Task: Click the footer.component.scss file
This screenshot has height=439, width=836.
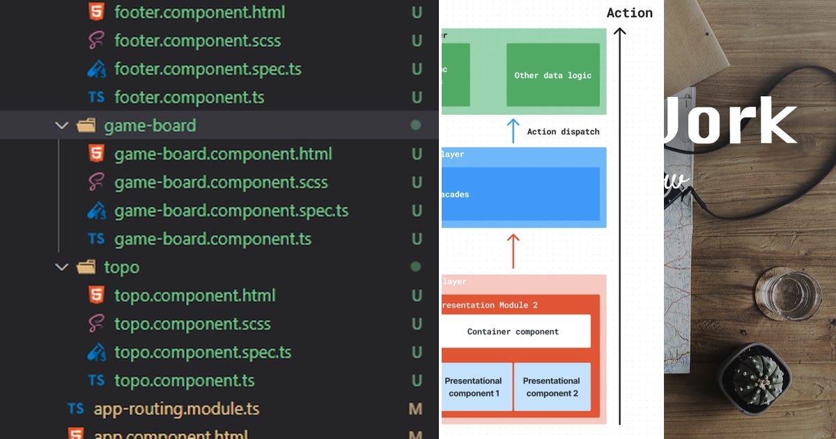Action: (197, 40)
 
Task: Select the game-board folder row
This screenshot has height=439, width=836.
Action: (149, 125)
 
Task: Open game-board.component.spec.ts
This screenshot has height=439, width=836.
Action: (231, 210)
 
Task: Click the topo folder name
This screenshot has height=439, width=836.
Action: (121, 267)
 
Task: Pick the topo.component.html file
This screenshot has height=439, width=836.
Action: (194, 295)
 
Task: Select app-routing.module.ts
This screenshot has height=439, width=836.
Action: (176, 409)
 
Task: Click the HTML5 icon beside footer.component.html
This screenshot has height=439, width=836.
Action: (96, 12)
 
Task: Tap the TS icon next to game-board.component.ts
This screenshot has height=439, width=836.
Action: (96, 239)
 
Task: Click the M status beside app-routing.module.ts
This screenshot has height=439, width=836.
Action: (415, 409)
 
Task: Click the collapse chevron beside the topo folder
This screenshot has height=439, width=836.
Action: (62, 267)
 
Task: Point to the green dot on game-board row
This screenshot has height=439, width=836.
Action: (416, 125)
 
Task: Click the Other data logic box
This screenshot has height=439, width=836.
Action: (552, 75)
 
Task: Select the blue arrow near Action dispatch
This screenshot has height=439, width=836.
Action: (513, 131)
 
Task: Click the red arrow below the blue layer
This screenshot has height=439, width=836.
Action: (513, 251)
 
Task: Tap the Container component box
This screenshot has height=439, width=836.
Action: (513, 332)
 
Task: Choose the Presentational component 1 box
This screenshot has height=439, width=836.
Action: (474, 387)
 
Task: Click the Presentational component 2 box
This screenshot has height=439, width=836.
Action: (552, 387)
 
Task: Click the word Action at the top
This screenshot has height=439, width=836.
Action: (629, 13)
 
